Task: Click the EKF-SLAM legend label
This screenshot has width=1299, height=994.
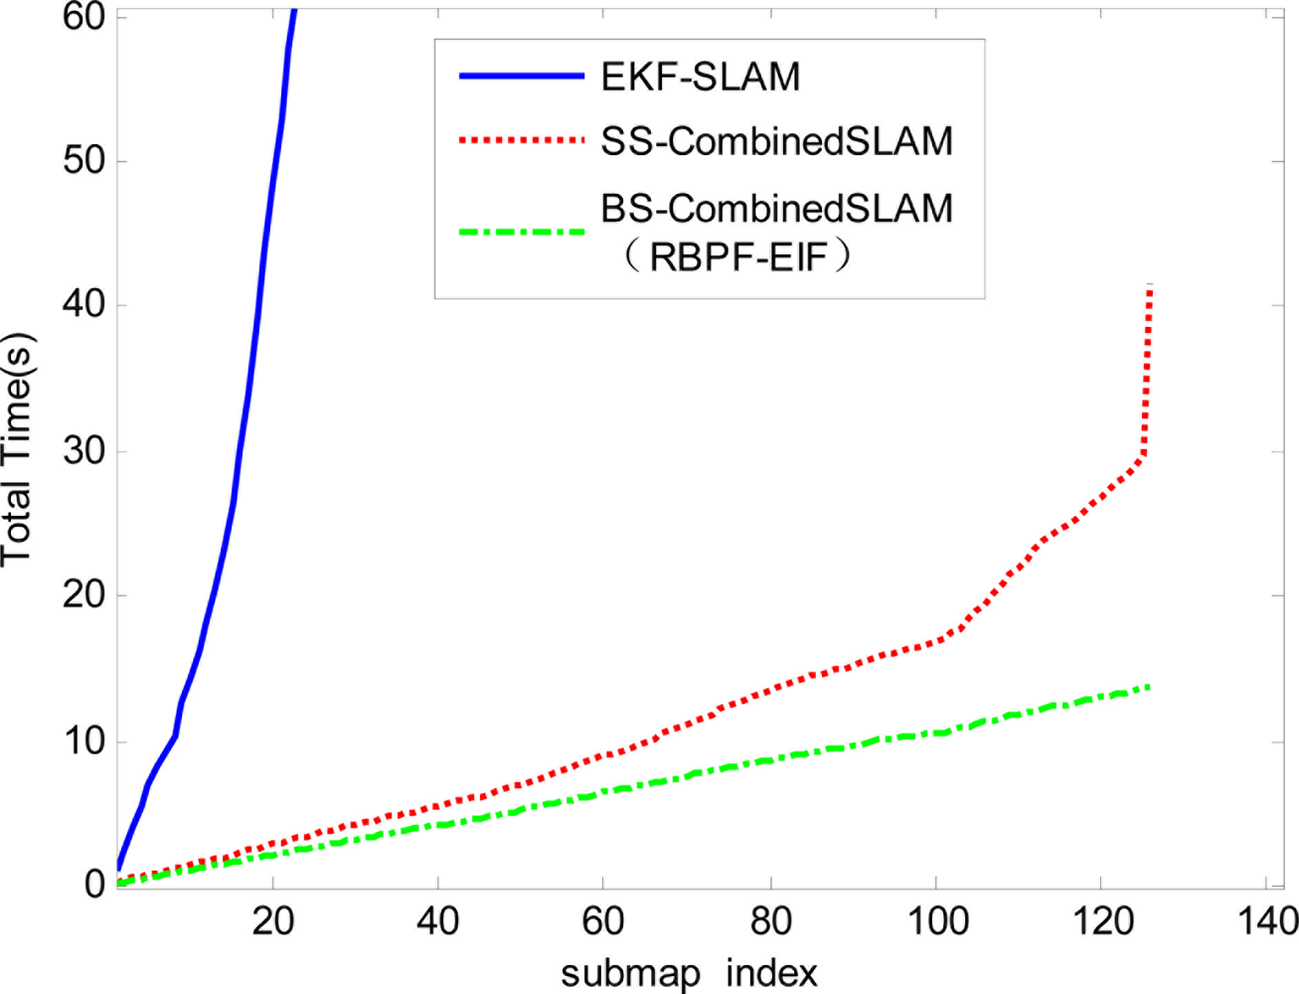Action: point(700,77)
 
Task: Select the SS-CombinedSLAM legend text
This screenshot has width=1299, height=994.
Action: point(776,141)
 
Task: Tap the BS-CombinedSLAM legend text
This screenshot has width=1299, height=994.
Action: point(776,208)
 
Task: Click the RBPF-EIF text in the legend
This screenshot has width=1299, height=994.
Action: point(739,257)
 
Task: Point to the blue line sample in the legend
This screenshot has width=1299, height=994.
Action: point(521,77)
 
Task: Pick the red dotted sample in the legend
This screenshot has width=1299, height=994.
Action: point(521,141)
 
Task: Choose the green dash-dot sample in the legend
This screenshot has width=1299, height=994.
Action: point(521,232)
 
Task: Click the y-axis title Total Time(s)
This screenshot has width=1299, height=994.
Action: point(18,449)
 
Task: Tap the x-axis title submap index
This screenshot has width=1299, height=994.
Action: point(689,972)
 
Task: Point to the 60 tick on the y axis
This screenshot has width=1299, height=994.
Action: point(83,17)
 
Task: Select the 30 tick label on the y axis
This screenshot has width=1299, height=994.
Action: point(83,451)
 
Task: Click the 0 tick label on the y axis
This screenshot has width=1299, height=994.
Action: point(95,883)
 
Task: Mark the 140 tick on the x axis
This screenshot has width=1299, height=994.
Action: point(1266,921)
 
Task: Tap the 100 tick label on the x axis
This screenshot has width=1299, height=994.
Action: point(936,921)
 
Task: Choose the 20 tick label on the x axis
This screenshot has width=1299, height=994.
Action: point(272,921)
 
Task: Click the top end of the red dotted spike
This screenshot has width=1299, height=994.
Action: point(1150,286)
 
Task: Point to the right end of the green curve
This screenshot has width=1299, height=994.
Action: point(1149,686)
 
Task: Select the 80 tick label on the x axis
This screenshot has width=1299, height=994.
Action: point(770,921)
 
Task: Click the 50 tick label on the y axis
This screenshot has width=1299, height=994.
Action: point(83,161)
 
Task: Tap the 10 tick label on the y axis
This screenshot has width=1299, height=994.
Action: point(83,741)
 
